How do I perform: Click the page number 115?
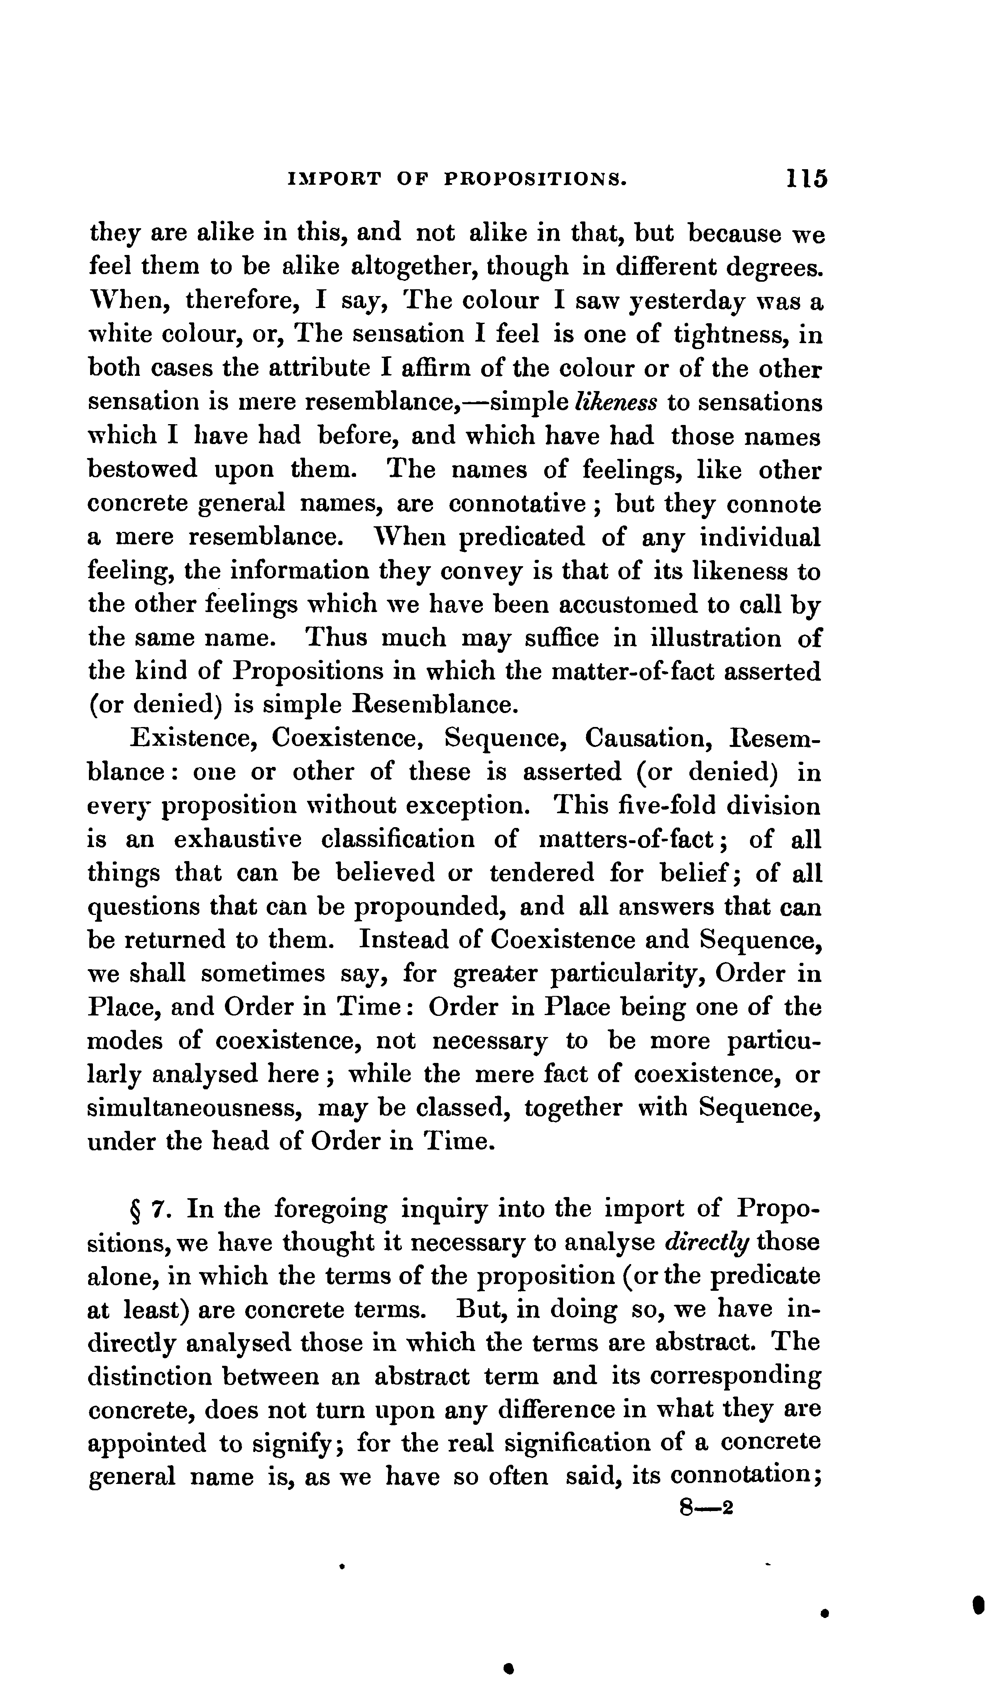[807, 179]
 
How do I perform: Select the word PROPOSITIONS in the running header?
[536, 180]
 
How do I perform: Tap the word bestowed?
[143, 470]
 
